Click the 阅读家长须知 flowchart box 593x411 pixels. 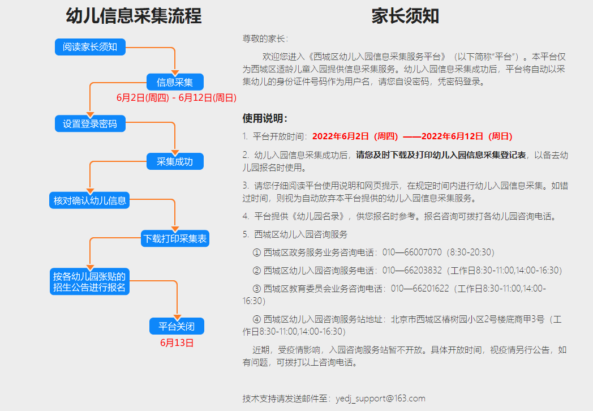point(90,47)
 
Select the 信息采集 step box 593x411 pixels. point(174,82)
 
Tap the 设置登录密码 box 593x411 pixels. point(90,123)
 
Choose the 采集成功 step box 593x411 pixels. point(174,162)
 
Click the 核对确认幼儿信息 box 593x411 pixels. point(89,200)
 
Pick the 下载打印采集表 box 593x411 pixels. point(175,239)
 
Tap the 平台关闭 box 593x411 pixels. point(177,327)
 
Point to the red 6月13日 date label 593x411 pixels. point(177,342)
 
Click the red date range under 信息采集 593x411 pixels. point(177,97)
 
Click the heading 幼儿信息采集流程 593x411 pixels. point(134,16)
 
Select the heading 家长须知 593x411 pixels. point(405,16)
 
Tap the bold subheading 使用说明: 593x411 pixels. point(265,118)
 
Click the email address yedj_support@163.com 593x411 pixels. point(380,398)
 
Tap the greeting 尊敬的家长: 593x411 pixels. point(265,38)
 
